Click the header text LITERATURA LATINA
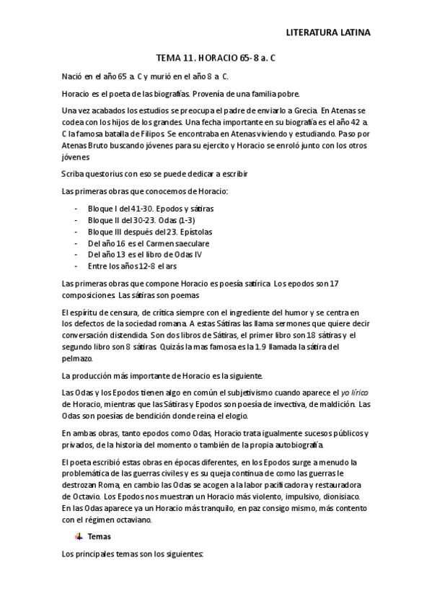coord(328,32)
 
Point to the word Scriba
coord(74,174)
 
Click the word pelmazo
coord(77,358)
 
